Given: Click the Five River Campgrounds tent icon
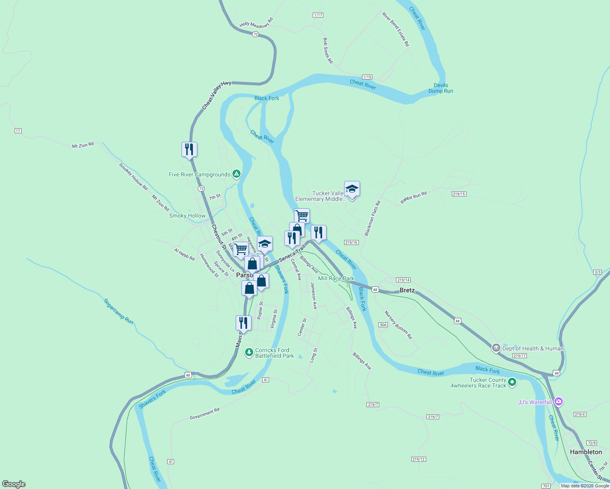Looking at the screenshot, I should coord(236,174).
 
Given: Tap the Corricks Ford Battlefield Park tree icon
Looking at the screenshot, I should coord(249,352).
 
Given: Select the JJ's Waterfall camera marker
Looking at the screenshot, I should coord(559,402).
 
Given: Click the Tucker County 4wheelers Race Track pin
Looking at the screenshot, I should coord(513,382).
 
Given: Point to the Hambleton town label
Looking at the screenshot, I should coord(586,452).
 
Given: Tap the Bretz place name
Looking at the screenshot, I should coord(407,290).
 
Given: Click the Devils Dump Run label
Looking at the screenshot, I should coord(440,88).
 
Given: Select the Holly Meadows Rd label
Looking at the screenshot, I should coord(256,23).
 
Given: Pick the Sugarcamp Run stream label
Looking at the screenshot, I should coord(118,312).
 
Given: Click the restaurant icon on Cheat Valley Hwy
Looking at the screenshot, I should coord(189,149).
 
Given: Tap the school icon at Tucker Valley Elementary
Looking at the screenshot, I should coord(352,189).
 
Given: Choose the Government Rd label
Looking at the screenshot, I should coord(204,414).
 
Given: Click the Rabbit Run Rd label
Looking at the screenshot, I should coord(413,198).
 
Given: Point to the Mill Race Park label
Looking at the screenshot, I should coord(336,278).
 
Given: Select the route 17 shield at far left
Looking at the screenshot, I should coord(18,131).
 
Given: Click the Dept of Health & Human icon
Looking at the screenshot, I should coord(496,348).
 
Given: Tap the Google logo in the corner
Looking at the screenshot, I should coord(14,484).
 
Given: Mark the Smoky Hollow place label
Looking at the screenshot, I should coord(187,216).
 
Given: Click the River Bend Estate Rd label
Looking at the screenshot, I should coord(396,29).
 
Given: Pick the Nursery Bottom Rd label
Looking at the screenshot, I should coord(398,325).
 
